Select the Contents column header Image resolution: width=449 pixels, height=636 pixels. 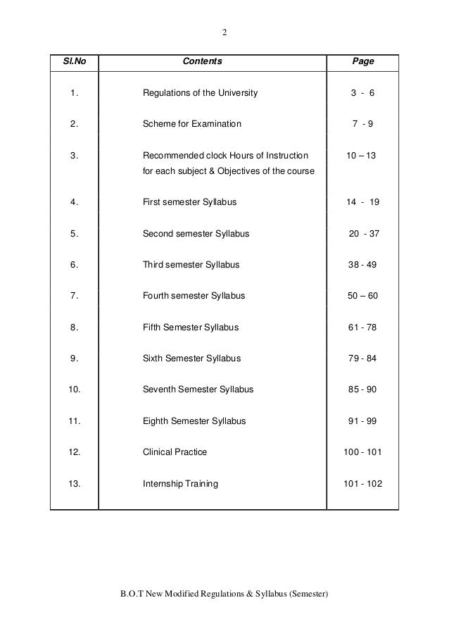[202, 62]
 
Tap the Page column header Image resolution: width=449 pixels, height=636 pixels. [362, 62]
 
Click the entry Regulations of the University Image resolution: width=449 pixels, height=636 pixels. [201, 93]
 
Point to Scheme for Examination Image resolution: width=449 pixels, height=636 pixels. [191, 125]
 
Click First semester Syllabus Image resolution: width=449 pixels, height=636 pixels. [189, 202]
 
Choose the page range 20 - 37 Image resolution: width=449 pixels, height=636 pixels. [364, 234]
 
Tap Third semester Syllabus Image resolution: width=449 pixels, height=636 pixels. [191, 265]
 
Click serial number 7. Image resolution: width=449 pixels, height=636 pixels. [74, 296]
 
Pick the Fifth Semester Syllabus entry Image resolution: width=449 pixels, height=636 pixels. [191, 328]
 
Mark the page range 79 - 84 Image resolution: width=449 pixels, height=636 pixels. [362, 358]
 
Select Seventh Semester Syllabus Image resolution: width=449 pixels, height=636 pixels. [198, 389]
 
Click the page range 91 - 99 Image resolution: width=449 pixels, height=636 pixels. [362, 421]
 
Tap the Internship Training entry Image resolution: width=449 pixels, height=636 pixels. [180, 484]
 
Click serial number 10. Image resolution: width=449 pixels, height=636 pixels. [75, 389]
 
